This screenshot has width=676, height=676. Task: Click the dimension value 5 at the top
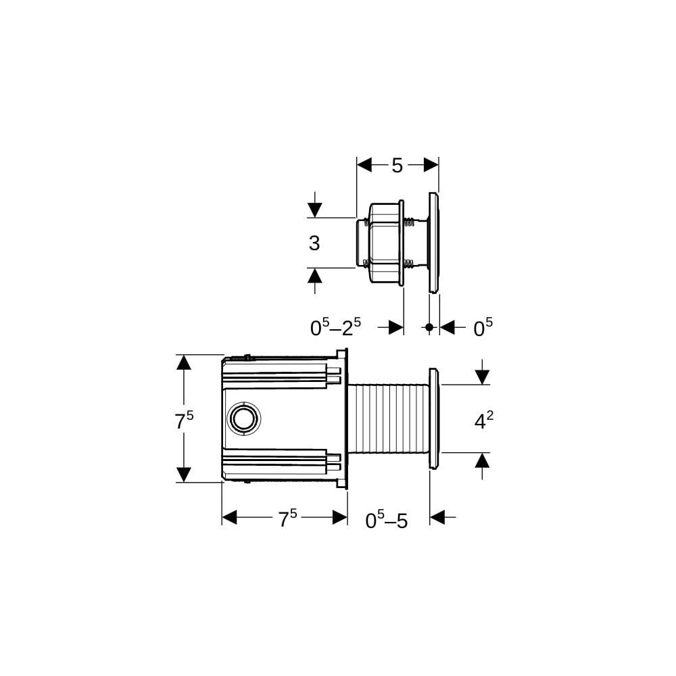(397, 165)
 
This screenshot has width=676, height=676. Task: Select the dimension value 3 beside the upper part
(314, 243)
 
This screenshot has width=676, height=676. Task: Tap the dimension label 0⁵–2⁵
(335, 328)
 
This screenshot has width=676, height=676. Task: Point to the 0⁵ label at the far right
(483, 328)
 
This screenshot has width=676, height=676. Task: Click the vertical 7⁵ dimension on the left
(184, 420)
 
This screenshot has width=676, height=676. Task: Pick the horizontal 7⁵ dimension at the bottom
(287, 518)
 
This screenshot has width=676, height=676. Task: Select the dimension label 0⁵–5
(386, 520)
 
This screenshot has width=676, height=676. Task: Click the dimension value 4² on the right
(484, 420)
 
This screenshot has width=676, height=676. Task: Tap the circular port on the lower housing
(245, 418)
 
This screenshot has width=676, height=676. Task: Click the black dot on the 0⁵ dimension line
(429, 327)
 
